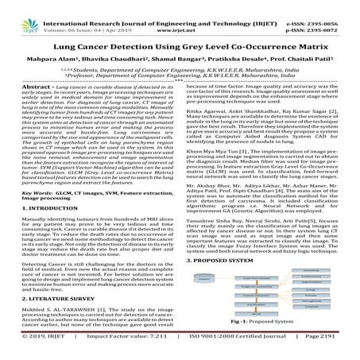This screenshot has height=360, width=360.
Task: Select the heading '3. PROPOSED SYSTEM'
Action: point(230,259)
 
